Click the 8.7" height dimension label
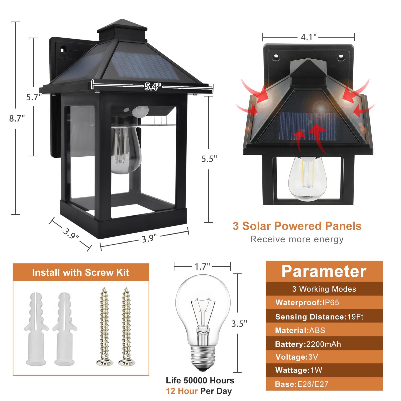tap(17, 118)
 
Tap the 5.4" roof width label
tap(152, 87)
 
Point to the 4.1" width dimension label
tap(309, 37)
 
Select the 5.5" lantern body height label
tap(209, 159)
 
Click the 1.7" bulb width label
tap(202, 267)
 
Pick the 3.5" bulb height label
tap(239, 324)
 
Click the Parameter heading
tap(324, 271)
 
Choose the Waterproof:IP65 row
tap(307, 303)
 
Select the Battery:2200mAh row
tap(308, 344)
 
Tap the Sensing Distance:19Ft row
tap(319, 317)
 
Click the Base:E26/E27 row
tap(302, 384)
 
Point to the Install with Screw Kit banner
tap(81, 272)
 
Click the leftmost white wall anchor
tap(36, 328)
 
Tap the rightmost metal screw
tap(127, 326)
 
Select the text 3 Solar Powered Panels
tap(297, 226)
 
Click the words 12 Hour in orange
tap(182, 391)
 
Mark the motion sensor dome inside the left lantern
tap(140, 111)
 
